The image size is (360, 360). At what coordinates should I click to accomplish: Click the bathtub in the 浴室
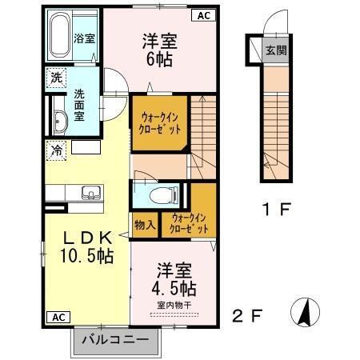(59, 36)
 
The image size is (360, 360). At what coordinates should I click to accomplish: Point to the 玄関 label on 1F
(274, 49)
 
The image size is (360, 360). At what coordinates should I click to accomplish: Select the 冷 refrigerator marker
(57, 149)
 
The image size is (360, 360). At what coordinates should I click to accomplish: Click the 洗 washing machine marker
(55, 78)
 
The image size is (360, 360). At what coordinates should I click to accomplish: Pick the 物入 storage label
(145, 226)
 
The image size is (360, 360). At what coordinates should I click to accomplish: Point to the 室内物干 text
(171, 305)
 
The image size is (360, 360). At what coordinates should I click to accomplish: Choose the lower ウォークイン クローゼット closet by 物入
(190, 222)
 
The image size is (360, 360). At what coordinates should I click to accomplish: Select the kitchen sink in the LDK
(88, 192)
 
